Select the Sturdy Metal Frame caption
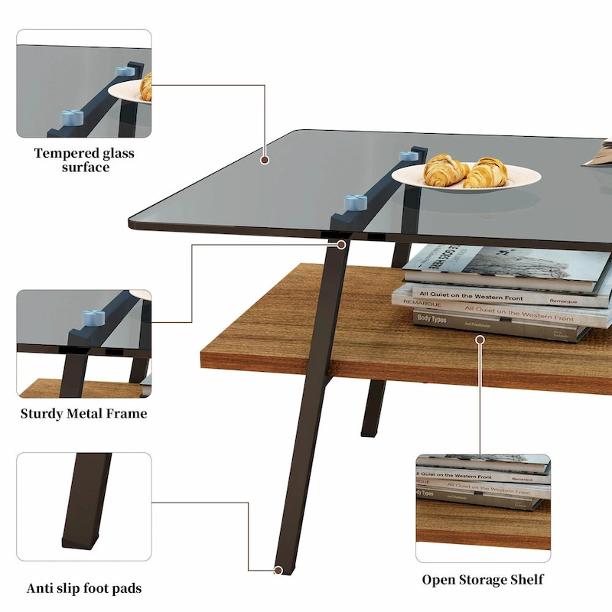tap(83, 414)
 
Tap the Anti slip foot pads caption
tap(84, 588)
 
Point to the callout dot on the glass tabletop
tap(265, 161)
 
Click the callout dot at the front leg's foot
tap(278, 570)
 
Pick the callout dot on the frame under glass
tap(341, 245)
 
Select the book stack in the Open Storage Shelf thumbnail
tap(482, 482)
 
